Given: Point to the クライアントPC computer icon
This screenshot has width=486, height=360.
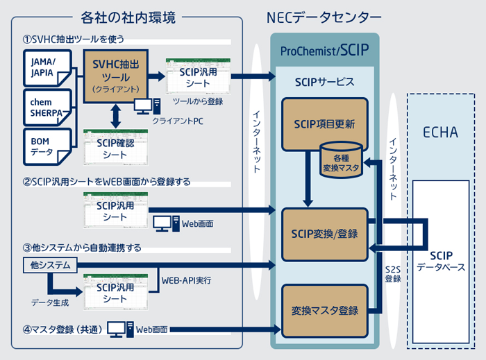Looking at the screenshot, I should [x=144, y=105].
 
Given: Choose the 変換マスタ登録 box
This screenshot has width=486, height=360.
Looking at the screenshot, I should [x=324, y=310].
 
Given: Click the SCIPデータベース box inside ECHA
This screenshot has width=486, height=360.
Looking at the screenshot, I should [x=442, y=259].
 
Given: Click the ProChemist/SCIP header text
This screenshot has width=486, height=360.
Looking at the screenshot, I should [x=324, y=50].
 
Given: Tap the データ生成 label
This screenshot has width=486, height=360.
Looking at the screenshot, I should [x=49, y=302].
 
